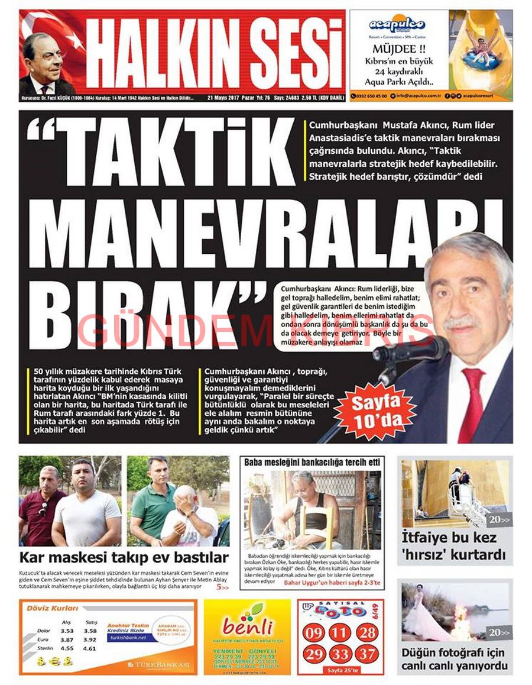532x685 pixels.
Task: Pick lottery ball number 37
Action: pos(366,654)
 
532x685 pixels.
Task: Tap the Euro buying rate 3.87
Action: pos(67,639)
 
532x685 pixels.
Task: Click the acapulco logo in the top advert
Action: pos(397,25)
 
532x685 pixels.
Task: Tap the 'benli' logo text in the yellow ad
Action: pos(248,626)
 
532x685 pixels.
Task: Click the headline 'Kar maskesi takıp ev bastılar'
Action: pos(124,557)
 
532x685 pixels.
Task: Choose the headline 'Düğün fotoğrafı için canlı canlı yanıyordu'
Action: pos(453,660)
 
